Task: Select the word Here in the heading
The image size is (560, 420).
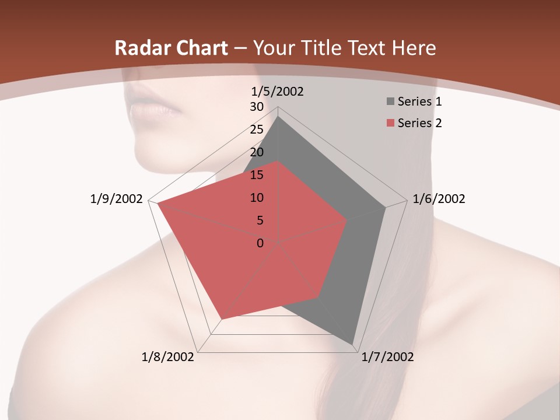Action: pyautogui.click(x=414, y=48)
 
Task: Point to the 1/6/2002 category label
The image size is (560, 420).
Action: pyautogui.click(x=439, y=199)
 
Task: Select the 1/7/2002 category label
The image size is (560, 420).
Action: pyautogui.click(x=387, y=357)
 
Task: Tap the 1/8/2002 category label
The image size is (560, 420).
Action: pyautogui.click(x=168, y=357)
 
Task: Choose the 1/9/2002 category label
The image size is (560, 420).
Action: pyautogui.click(x=116, y=199)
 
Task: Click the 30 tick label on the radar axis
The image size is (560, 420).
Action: pyautogui.click(x=257, y=107)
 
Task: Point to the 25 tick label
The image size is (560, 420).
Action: pyautogui.click(x=257, y=129)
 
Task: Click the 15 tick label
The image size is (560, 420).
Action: pyautogui.click(x=257, y=175)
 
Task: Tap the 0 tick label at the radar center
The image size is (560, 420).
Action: pyautogui.click(x=260, y=243)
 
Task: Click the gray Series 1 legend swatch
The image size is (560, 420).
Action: pyautogui.click(x=390, y=101)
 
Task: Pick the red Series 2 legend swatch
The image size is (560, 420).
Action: pyautogui.click(x=390, y=123)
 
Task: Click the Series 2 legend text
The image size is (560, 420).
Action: pyautogui.click(x=419, y=123)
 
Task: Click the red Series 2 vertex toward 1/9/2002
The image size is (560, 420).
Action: pyautogui.click(x=157, y=204)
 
